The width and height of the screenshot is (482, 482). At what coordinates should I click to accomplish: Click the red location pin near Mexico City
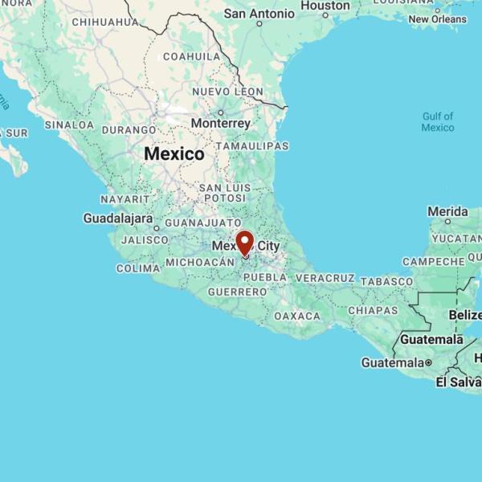244,243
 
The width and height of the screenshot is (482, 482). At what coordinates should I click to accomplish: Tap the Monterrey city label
221,124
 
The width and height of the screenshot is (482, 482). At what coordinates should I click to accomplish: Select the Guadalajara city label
118,218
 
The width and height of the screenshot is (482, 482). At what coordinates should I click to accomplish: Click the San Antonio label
259,14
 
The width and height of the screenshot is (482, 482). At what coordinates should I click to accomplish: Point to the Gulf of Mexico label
438,122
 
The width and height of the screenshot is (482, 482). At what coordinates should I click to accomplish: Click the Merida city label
447,211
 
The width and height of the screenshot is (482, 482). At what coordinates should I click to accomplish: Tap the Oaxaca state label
297,317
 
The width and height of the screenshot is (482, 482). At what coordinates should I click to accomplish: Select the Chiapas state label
374,310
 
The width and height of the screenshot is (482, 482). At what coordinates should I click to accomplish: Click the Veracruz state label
325,278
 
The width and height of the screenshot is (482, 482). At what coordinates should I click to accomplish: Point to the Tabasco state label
386,281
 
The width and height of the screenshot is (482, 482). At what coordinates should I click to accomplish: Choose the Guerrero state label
237,292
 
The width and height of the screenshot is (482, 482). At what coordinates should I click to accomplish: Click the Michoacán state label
199,263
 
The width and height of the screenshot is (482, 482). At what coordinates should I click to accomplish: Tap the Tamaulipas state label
256,146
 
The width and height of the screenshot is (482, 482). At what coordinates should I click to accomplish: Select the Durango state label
129,129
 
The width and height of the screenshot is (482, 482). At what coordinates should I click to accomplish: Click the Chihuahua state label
105,22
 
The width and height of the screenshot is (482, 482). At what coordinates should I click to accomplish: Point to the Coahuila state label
192,56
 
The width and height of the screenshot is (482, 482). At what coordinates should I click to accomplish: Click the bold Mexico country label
174,153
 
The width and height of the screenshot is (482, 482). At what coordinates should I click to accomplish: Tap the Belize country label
466,315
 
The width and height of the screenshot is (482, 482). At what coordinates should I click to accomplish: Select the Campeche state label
434,262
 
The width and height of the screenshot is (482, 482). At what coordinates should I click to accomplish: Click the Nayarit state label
125,198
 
